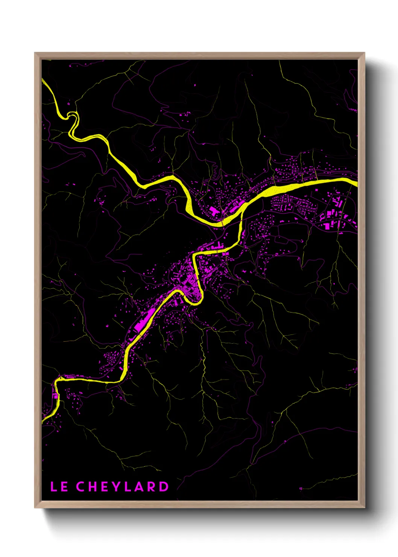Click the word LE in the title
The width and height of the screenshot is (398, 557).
coord(59,487)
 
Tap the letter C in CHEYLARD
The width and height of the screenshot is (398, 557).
coord(81,487)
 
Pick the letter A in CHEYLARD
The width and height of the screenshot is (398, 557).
coord(139,487)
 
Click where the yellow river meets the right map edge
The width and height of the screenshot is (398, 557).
coord(355,182)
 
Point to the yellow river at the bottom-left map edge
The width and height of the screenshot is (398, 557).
coord(43,419)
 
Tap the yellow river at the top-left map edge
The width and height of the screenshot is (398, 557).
coord(44,81)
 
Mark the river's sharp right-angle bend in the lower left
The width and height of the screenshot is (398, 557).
coord(57,380)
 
